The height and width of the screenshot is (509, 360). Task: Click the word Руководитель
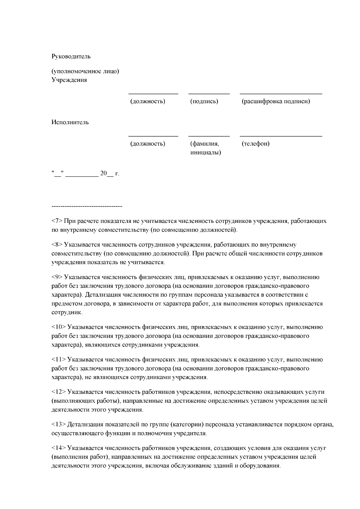click(71, 56)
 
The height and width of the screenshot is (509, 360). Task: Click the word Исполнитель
click(70, 122)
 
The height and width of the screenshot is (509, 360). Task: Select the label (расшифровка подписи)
click(276, 101)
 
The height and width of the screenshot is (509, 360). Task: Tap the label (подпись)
click(204, 101)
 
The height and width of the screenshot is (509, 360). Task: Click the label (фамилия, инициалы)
click(205, 148)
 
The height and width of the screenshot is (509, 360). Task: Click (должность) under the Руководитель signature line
click(148, 101)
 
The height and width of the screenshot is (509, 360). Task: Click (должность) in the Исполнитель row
click(148, 144)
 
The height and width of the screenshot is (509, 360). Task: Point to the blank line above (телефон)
click(281, 136)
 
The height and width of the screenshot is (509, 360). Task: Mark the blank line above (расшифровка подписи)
click(281, 94)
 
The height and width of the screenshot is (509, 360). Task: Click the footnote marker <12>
click(59, 392)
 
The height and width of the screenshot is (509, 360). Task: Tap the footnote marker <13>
click(59, 424)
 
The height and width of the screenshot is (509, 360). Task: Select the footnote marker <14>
click(59, 448)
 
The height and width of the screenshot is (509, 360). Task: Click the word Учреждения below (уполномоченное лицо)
click(69, 80)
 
